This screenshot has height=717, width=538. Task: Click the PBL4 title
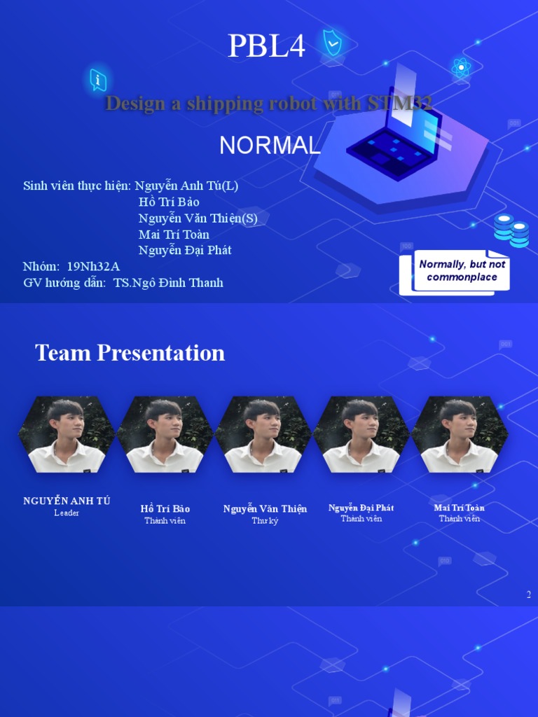pos(267,48)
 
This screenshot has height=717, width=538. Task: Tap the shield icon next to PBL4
pos(333,43)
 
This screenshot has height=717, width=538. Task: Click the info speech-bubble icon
pos(98,80)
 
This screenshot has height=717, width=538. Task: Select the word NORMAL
pos(270,146)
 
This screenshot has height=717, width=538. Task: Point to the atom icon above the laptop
pos(460,68)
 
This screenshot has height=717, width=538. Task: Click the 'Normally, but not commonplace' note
pos(462,271)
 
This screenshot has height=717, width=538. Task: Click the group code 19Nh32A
pos(93,267)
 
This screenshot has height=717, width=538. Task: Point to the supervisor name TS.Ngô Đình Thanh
pos(168,283)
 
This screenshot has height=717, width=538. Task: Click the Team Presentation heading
pos(130,353)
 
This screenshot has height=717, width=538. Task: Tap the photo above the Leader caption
pos(67,435)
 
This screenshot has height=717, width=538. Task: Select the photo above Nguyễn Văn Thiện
pos(263,435)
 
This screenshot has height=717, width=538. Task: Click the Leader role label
pos(67,513)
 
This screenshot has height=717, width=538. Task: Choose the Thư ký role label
pos(265,521)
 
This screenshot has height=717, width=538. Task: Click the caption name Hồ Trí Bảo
pos(165,509)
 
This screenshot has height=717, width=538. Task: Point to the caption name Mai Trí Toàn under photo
pos(459,508)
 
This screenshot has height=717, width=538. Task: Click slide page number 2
pos(529,595)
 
